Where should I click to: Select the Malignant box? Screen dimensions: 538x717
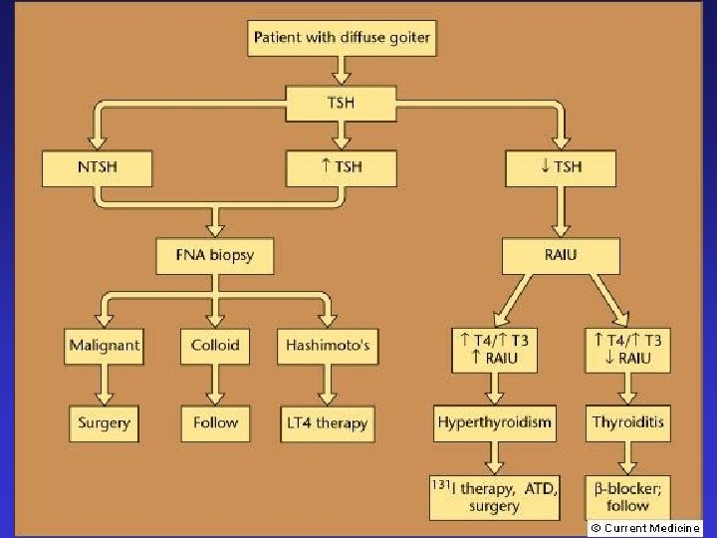coord(105,346)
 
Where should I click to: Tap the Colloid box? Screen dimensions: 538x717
coord(215,346)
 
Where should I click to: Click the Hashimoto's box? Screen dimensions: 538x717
coord(327,346)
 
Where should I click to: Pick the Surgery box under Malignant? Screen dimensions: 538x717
coord(105,422)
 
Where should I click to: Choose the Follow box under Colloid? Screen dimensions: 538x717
coord(215,422)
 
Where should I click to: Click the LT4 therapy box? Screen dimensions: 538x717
coord(327,422)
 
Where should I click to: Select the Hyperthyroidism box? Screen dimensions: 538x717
coord(495,422)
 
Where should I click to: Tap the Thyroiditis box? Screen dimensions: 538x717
coord(627,422)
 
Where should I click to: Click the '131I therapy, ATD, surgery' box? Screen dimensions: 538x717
coord(495,496)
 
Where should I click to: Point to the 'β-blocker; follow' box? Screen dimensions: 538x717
coord(627,494)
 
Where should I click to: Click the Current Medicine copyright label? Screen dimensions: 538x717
coord(643,528)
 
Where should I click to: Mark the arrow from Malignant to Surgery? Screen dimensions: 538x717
coord(105,384)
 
